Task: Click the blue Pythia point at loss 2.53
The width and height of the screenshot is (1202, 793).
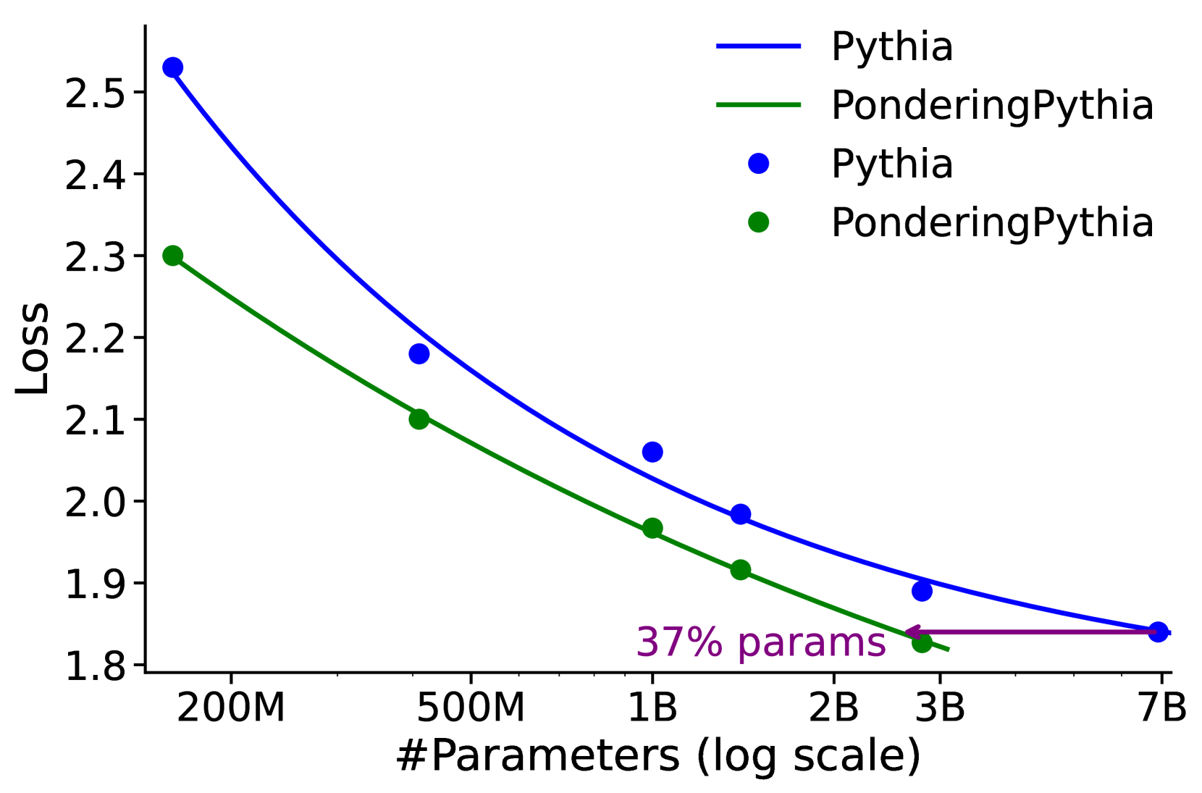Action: coord(172,67)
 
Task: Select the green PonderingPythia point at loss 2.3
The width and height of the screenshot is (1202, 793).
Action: coord(172,256)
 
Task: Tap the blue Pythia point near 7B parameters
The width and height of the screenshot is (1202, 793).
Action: coord(1158,632)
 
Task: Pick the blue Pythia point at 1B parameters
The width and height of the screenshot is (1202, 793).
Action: coord(652,452)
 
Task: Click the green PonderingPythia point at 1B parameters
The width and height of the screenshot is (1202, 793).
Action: coord(652,528)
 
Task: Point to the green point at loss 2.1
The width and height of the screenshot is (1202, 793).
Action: coord(419,419)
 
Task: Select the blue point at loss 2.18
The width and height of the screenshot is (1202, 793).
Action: coord(419,353)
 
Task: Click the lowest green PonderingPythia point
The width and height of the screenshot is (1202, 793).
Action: coord(922,642)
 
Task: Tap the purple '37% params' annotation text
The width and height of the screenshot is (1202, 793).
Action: coord(760,642)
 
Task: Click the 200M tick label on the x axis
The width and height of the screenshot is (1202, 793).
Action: coord(231,708)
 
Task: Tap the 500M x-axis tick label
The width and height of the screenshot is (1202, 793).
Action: coord(471,708)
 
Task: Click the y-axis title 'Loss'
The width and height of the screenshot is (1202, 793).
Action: coord(33,348)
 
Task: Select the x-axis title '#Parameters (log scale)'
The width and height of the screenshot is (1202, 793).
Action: coord(657,757)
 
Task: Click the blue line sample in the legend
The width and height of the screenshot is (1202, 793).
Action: coord(758,46)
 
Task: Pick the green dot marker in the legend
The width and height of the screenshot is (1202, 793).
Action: coord(758,222)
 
